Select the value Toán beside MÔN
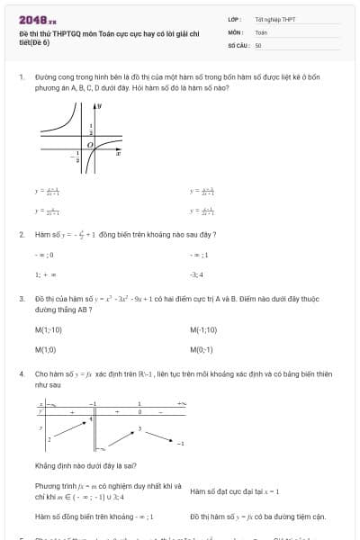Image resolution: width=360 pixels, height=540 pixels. point(261,31)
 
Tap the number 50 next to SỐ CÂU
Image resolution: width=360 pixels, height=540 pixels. point(258,45)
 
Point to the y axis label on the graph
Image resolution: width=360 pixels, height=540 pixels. point(101,107)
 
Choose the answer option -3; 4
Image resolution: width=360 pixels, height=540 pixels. point(196,274)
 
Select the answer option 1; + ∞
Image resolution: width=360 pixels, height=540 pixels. point(46,274)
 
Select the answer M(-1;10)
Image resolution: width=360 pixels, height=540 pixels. point(203,329)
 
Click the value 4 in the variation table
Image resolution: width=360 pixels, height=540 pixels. point(90,419)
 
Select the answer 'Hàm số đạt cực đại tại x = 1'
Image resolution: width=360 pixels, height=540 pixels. point(235,490)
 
